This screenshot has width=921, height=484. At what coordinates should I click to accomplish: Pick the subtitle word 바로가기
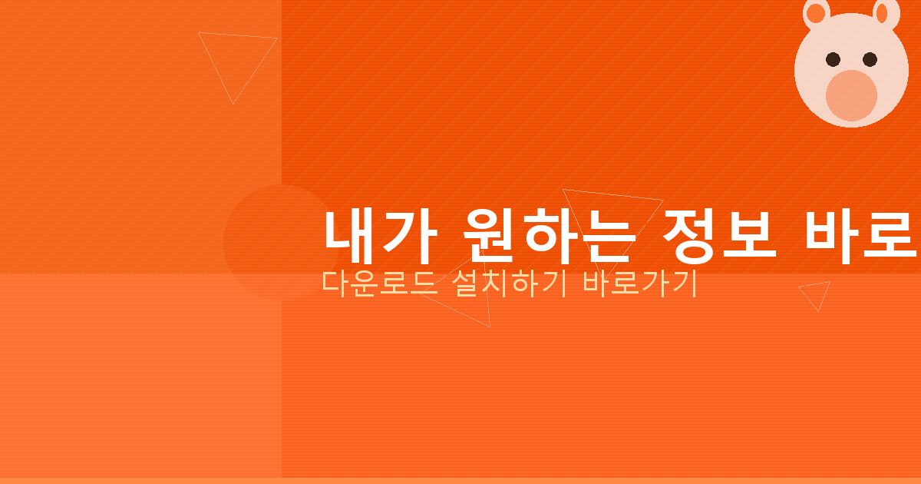pos(639,283)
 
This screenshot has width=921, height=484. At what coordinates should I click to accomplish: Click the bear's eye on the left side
pos(832,59)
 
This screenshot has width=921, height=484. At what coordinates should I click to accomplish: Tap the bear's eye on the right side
pos(870,59)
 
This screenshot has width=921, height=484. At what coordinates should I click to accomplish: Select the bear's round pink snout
pos(851,95)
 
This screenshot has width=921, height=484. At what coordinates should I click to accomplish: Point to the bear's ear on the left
pos(816,12)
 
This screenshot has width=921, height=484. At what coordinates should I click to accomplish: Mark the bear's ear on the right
pos(886,11)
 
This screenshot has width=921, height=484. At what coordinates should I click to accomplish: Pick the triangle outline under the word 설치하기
pos(468,303)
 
